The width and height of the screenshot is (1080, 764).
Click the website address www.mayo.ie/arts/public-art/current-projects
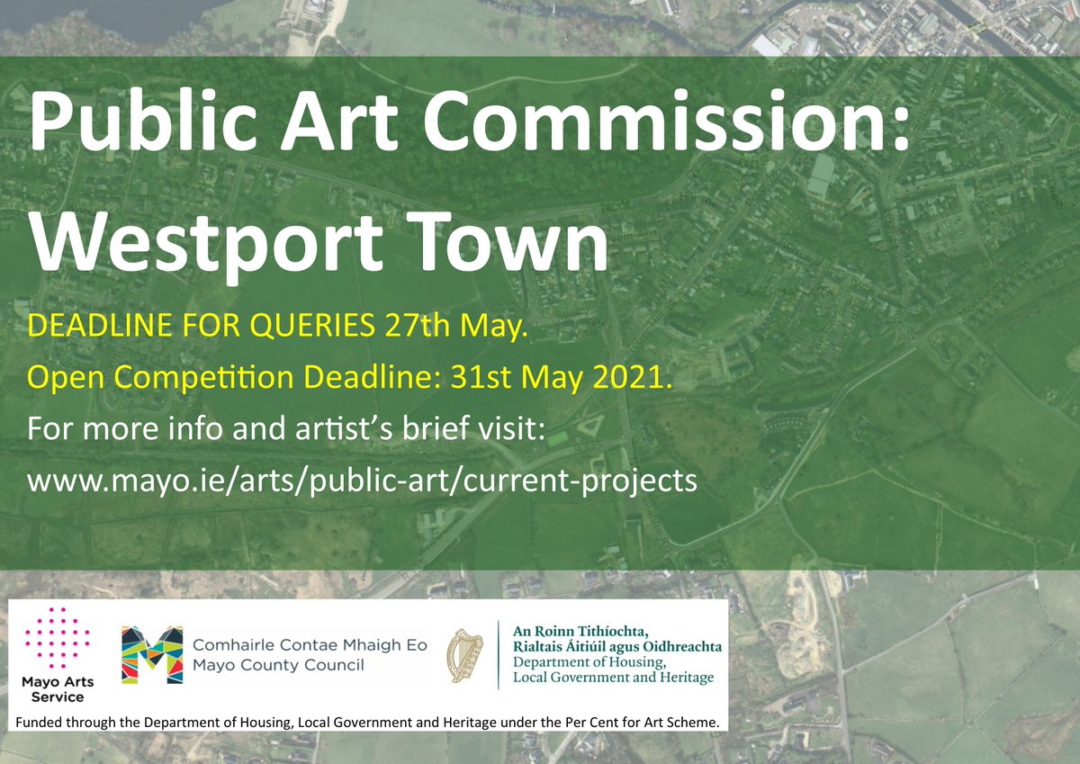[x=363, y=480]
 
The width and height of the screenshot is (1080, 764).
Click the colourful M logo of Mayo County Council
[x=152, y=656]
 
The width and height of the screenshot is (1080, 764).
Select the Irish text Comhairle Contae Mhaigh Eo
[x=310, y=646]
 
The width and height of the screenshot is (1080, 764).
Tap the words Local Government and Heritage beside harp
[x=612, y=677]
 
